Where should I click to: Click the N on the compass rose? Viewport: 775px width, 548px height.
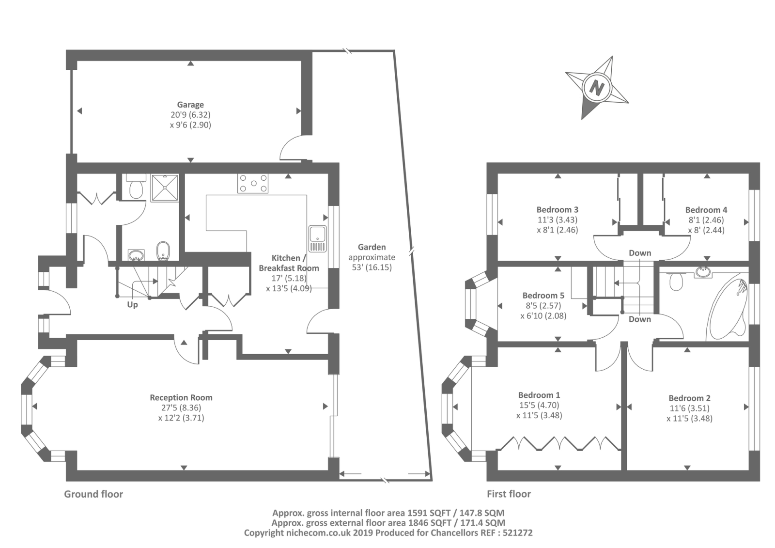[597, 88]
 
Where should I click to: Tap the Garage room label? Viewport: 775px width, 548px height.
[190, 105]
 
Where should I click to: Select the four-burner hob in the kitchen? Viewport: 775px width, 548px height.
[252, 184]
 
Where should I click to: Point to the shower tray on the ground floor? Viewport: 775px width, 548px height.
[165, 188]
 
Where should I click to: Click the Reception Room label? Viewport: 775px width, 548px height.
[181, 397]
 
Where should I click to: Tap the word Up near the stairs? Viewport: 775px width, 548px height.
[132, 305]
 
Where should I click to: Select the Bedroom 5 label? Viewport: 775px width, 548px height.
[543, 296]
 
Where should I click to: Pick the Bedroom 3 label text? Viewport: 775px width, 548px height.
[557, 210]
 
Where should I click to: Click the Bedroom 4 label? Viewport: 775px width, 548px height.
[706, 210]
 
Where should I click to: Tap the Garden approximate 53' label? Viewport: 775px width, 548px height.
[372, 257]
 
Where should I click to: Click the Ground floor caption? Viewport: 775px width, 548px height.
[93, 494]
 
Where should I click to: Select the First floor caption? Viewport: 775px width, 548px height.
[509, 494]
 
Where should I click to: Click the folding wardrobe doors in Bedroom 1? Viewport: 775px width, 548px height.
[559, 443]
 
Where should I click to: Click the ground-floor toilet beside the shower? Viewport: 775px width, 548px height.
[135, 187]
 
